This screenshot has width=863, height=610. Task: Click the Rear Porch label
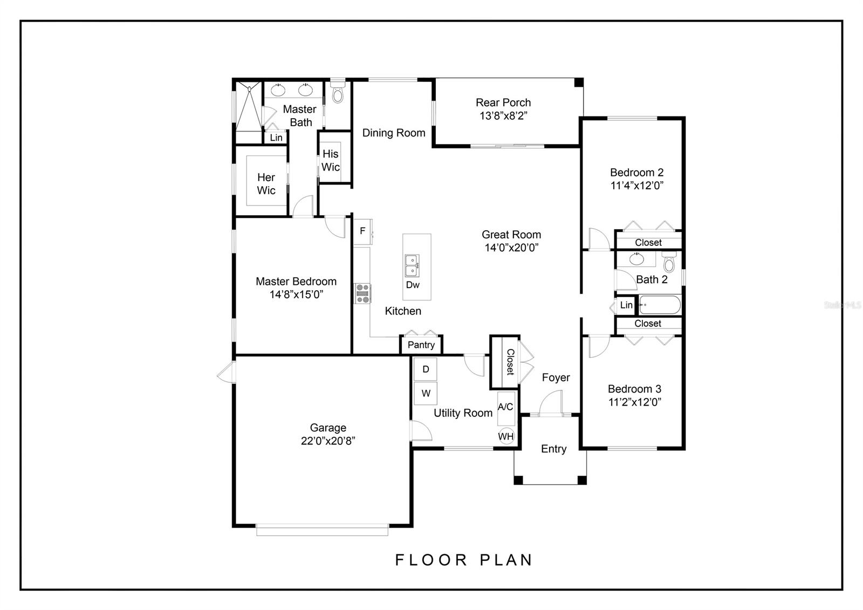pyautogui.click(x=503, y=102)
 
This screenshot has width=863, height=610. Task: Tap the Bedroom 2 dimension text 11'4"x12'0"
pyautogui.click(x=636, y=186)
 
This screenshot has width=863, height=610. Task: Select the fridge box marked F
pyautogui.click(x=362, y=231)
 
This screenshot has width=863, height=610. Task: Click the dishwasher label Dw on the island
pyautogui.click(x=413, y=285)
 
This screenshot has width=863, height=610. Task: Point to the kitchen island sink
pyautogui.click(x=412, y=265)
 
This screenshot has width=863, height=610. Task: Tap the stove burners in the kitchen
pyautogui.click(x=362, y=293)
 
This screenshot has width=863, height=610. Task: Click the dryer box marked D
pyautogui.click(x=426, y=369)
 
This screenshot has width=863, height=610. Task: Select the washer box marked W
pyautogui.click(x=426, y=393)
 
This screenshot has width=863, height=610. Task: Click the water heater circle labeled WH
pyautogui.click(x=506, y=436)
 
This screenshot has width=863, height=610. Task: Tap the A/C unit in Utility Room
pyautogui.click(x=505, y=407)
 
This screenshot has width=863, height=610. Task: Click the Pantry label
pyautogui.click(x=421, y=345)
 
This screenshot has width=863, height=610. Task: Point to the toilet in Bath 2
pyautogui.click(x=669, y=264)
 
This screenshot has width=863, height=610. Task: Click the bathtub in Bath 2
pyautogui.click(x=660, y=305)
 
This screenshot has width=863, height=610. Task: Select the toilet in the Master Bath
pyautogui.click(x=338, y=94)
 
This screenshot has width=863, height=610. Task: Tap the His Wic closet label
pyautogui.click(x=331, y=161)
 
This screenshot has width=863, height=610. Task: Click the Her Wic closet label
pyautogui.click(x=266, y=184)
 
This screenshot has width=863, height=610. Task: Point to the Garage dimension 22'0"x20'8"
pyautogui.click(x=328, y=441)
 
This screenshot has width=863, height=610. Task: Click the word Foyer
pyautogui.click(x=556, y=378)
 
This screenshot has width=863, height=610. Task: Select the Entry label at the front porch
pyautogui.click(x=553, y=449)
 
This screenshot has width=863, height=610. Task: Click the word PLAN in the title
pyautogui.click(x=506, y=560)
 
